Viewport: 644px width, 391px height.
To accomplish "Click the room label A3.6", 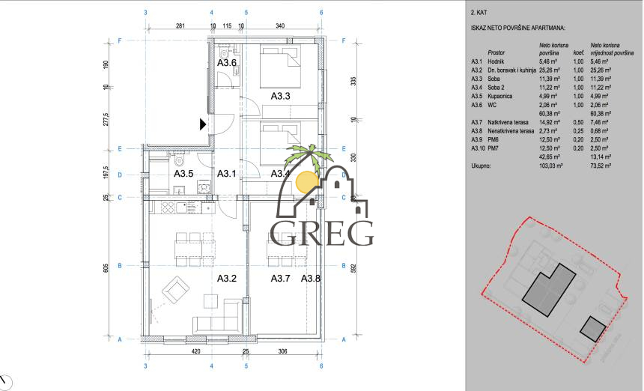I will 227,63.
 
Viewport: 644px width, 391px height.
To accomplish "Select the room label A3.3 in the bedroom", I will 280,95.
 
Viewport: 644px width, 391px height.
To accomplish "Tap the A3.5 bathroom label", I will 183,174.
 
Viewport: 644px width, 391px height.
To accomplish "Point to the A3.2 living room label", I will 227,279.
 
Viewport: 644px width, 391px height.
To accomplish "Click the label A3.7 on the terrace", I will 280,279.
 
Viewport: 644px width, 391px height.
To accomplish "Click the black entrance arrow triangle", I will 203,124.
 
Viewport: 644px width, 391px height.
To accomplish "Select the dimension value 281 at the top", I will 180,27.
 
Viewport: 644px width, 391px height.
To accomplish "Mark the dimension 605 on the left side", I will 106,267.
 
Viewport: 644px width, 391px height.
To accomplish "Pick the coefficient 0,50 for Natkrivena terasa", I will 578,121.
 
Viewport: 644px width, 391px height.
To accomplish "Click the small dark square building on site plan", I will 593,328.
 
